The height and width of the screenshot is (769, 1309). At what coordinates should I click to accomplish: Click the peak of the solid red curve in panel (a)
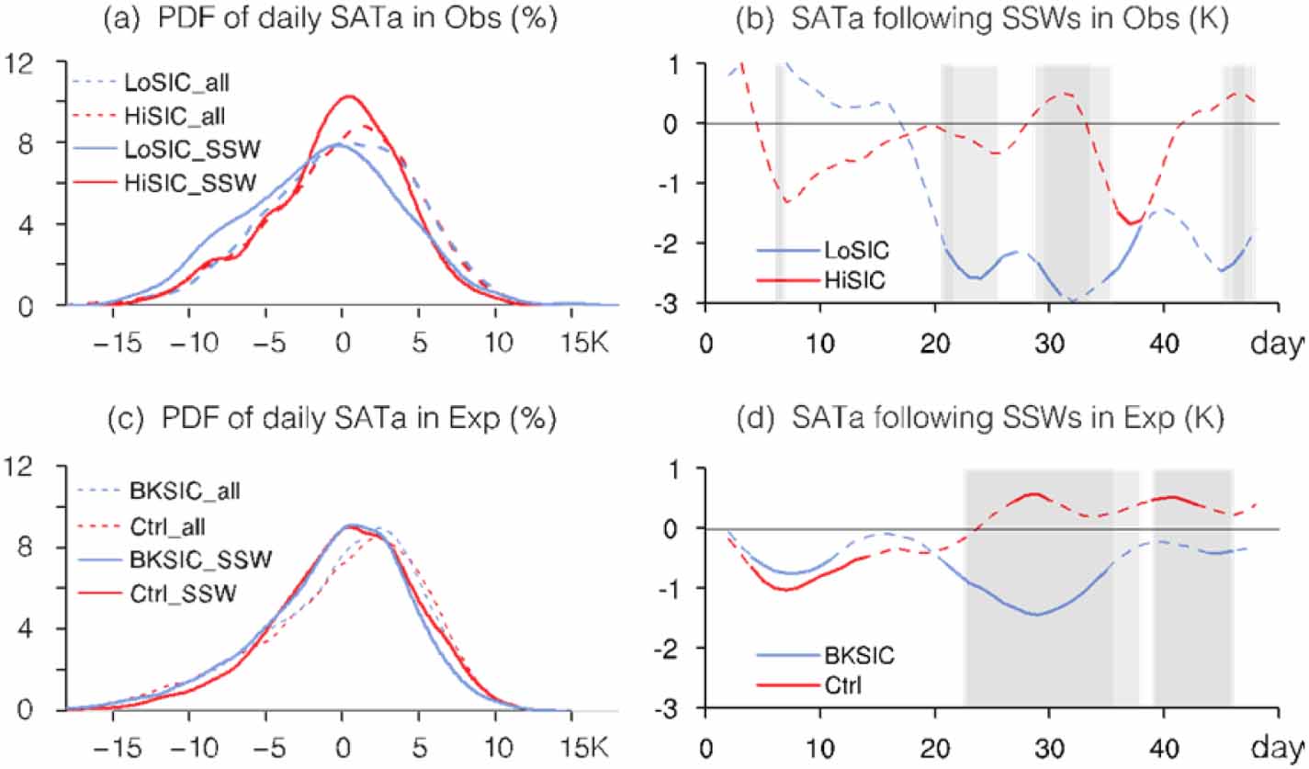349,96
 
